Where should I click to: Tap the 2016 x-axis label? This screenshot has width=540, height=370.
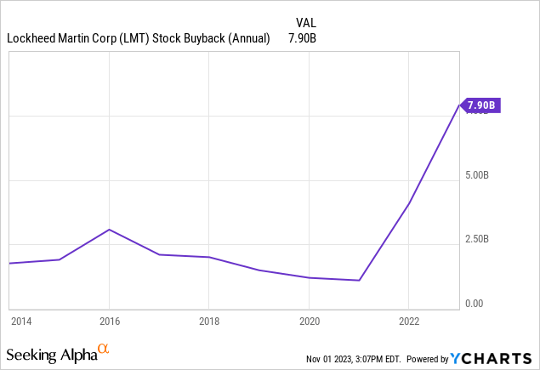point(109,321)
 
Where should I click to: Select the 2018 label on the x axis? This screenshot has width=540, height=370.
point(209,321)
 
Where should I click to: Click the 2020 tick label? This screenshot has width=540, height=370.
point(309,321)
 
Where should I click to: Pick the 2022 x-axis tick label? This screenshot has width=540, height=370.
point(409,321)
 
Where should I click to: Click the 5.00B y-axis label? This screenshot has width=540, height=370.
point(475,176)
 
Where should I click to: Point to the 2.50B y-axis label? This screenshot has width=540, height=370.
point(475,239)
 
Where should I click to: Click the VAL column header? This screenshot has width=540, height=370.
point(306,21)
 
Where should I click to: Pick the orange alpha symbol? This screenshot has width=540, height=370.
point(104,349)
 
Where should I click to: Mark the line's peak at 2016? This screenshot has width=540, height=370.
point(109,230)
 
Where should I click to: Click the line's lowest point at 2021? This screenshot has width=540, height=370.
point(360,280)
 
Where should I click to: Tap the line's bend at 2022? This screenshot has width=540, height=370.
point(409,203)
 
